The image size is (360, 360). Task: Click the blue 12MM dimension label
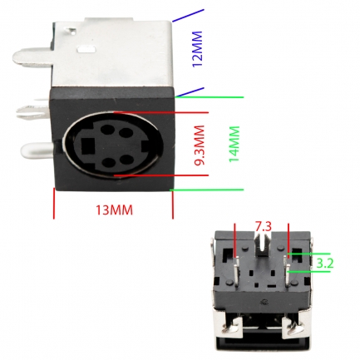click(197, 49)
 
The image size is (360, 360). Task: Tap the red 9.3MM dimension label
click(200, 145)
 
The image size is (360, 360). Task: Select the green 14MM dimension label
click(234, 144)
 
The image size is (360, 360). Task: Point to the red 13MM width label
click(114, 210)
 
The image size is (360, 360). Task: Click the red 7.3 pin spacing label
click(263, 227)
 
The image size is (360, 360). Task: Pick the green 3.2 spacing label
click(325, 264)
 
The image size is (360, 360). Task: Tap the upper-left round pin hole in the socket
click(107, 129)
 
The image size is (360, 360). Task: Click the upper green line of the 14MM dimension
click(210, 97)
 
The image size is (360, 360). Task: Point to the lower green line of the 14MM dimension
click(207, 190)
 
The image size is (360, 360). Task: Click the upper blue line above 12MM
click(188, 15)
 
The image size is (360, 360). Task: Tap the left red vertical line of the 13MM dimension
click(54, 203)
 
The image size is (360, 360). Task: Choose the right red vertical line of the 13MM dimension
click(173, 205)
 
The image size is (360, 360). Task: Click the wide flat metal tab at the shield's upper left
click(32, 58)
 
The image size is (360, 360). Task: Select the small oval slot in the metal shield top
click(86, 50)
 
